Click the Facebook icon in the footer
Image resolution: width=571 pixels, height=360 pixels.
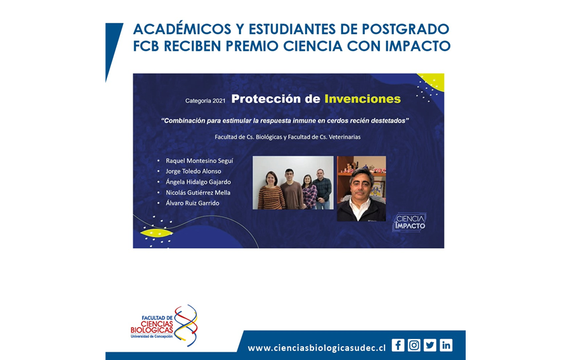tap(398, 345)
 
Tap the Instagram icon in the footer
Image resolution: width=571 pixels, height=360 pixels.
tap(414, 345)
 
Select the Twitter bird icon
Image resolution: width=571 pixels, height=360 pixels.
tap(430, 345)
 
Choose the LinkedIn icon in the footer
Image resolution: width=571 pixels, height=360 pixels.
tap(446, 345)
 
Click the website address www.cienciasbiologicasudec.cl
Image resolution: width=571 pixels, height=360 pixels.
tap(317, 348)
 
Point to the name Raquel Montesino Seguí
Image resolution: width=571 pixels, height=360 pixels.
tap(199, 161)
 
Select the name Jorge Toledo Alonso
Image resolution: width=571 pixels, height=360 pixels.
tap(194, 171)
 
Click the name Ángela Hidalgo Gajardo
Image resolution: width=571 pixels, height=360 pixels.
tap(198, 182)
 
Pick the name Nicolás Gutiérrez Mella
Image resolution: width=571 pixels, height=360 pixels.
tap(198, 192)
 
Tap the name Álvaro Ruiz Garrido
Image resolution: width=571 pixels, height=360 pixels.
tap(192, 203)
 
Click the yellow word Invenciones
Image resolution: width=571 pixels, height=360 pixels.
tap(362, 99)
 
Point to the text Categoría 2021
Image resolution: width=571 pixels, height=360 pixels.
tap(206, 100)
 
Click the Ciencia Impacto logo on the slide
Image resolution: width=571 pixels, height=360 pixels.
tap(410, 222)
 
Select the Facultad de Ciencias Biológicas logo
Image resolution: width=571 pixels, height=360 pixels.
tap(164, 325)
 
